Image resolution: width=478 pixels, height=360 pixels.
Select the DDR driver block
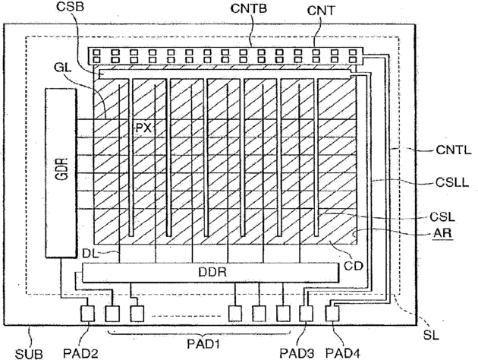point(210,273)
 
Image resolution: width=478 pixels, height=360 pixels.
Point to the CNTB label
point(247,10)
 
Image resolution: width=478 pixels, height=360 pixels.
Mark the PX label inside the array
point(144,128)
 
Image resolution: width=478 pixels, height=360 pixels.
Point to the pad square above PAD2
point(86,312)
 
